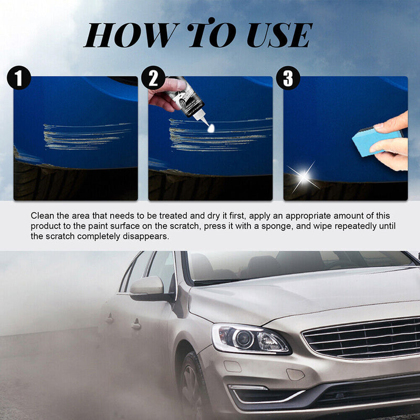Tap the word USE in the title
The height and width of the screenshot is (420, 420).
278,36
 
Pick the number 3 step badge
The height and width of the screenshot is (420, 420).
288,78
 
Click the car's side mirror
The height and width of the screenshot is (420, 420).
148,287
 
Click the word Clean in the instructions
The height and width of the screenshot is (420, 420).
43,216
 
